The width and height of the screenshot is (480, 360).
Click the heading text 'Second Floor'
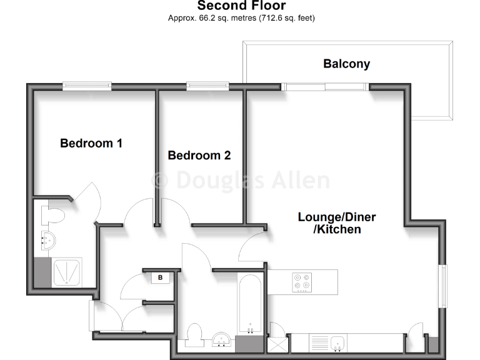click(241, 6)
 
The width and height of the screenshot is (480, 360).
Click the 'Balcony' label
click(346, 64)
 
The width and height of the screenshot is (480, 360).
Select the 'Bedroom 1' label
click(91, 143)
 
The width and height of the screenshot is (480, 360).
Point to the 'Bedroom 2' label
click(199, 155)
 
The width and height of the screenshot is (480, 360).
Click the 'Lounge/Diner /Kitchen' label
click(336, 223)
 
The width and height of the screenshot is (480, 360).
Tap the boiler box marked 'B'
click(160, 277)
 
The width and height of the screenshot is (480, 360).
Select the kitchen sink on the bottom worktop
click(337, 342)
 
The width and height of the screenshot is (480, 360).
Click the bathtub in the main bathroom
click(251, 304)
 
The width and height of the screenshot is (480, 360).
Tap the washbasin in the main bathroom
click(221, 340)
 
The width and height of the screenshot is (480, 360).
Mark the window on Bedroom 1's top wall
click(86, 86)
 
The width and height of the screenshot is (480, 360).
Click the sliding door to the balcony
click(325, 87)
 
